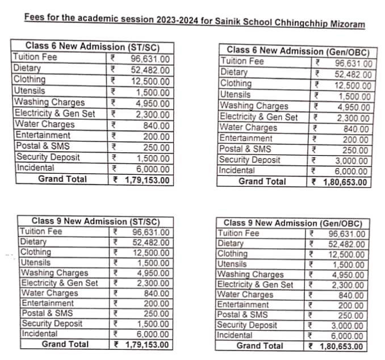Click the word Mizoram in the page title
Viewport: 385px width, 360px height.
click(343, 25)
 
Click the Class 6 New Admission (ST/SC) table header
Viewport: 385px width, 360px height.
click(91, 46)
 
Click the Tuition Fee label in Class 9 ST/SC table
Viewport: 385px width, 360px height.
click(41, 232)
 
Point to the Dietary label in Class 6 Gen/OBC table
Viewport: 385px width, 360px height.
click(234, 72)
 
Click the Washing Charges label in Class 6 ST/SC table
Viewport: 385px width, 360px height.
click(49, 103)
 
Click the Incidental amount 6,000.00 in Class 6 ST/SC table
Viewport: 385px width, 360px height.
click(152, 169)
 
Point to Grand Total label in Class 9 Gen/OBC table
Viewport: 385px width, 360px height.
click(260, 345)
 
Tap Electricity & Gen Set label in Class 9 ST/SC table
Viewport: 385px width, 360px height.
click(59, 283)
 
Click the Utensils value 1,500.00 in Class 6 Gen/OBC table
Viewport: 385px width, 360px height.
click(354, 96)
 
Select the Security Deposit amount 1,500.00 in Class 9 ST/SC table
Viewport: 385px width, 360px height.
click(151, 324)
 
